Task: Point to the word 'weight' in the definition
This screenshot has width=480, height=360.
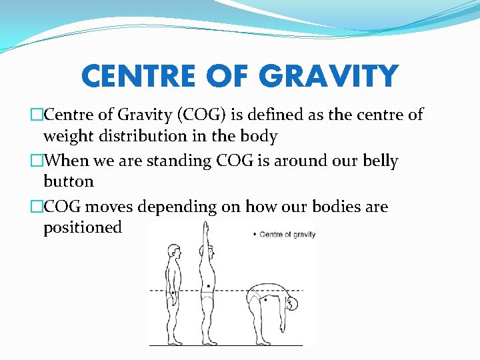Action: click(x=65, y=136)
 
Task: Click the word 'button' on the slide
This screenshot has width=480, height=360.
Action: click(x=69, y=181)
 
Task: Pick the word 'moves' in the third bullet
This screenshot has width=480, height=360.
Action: click(x=108, y=207)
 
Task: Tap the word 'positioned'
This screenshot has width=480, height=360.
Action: click(x=83, y=227)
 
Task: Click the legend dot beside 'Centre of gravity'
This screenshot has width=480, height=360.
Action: click(x=253, y=235)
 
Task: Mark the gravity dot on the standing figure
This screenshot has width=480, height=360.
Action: click(x=173, y=292)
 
